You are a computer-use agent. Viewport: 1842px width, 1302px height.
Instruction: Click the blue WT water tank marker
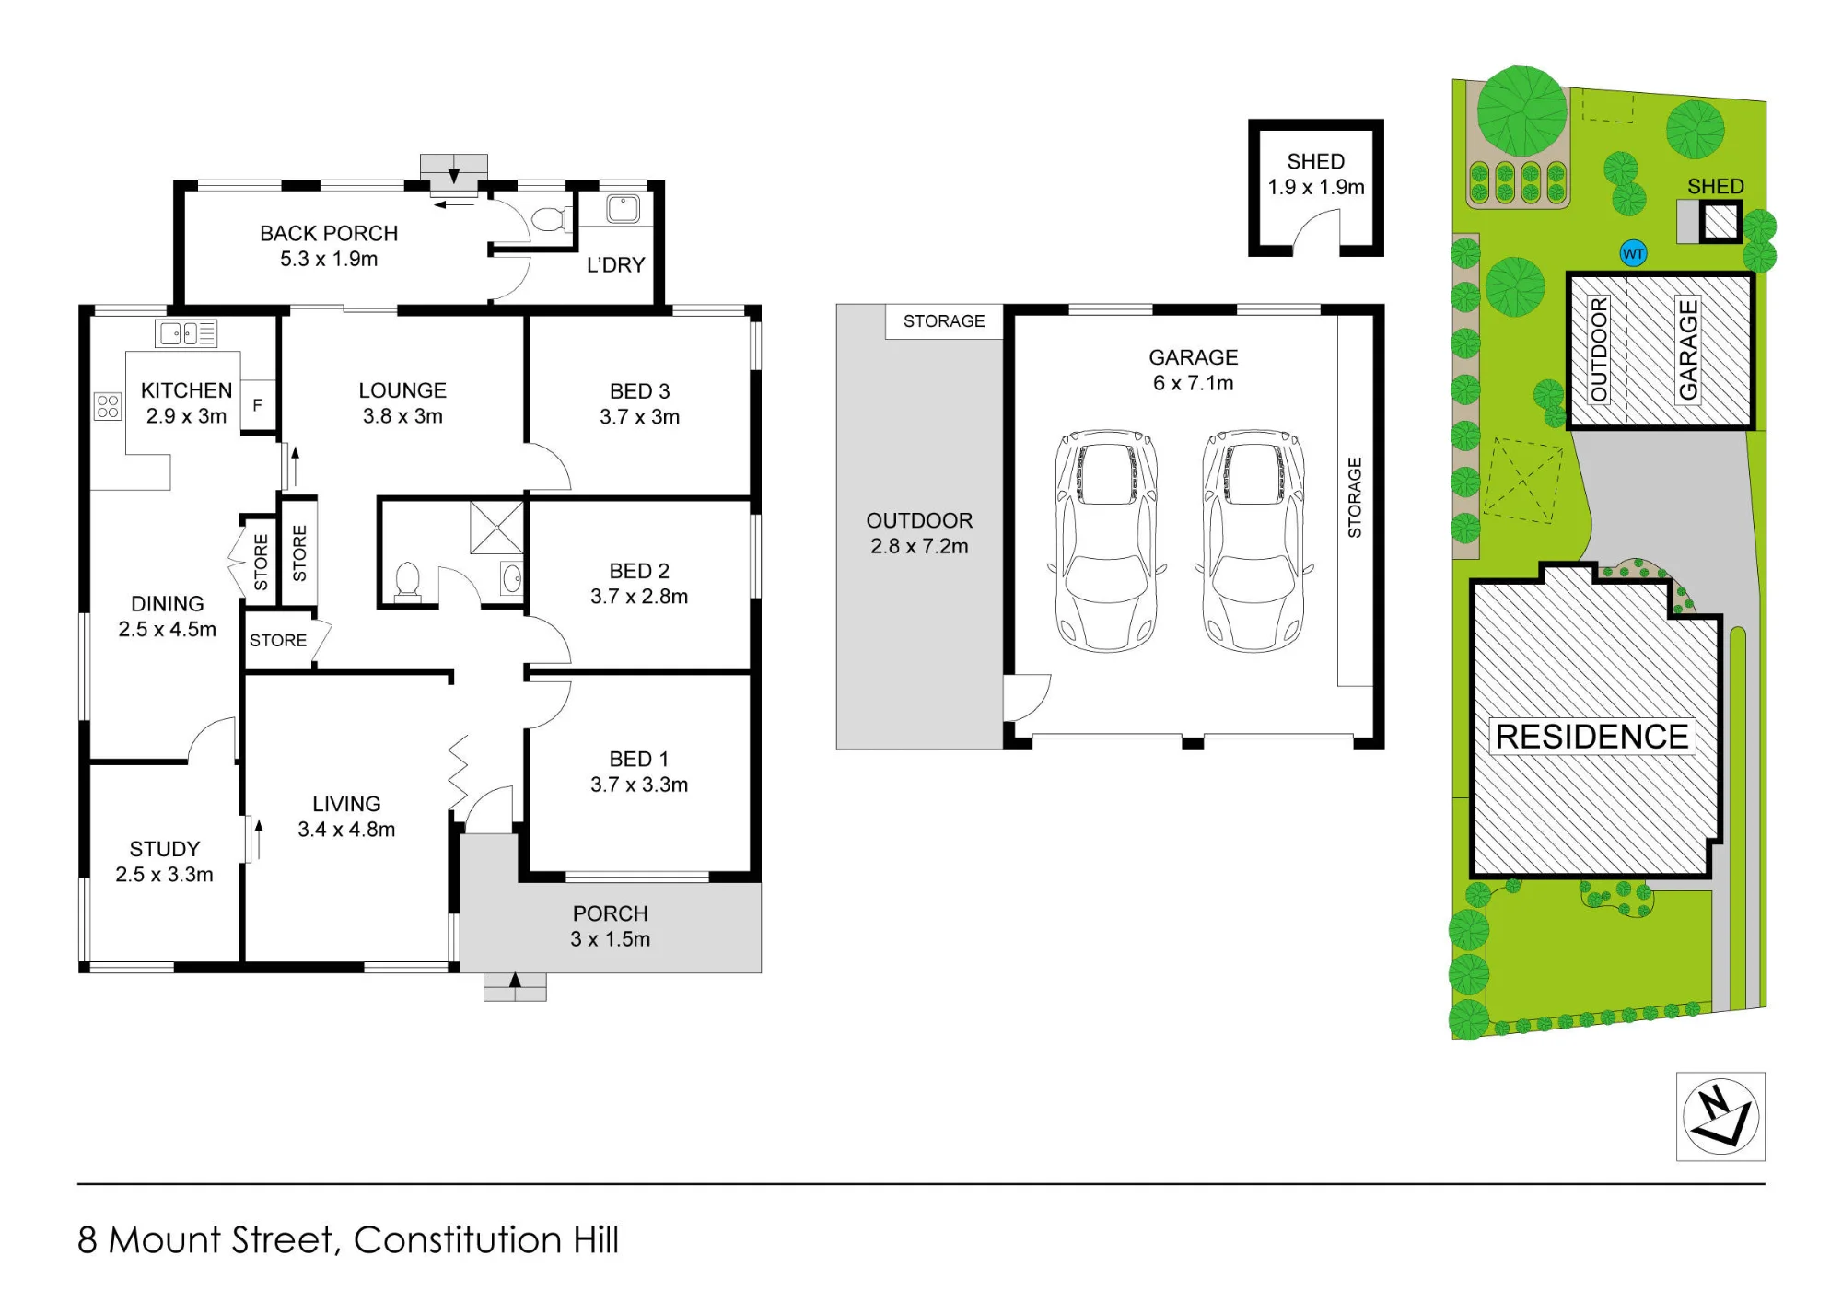[1633, 254]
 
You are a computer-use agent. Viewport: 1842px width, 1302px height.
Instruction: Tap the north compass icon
[1720, 1116]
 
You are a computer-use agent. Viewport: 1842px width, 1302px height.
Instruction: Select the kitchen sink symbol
[186, 332]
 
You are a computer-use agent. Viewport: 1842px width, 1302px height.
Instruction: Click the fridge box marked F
[258, 405]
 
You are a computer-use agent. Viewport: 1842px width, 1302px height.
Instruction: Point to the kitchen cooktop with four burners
[108, 406]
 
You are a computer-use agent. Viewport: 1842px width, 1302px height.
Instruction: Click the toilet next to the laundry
[548, 219]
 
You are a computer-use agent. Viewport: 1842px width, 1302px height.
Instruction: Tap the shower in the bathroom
[496, 528]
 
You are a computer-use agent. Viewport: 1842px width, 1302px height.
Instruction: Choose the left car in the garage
[1107, 541]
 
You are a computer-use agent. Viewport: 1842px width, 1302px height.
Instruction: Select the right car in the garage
[1253, 541]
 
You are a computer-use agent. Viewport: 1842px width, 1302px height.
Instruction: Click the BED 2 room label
[639, 571]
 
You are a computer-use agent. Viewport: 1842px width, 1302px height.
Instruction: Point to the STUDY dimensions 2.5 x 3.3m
[164, 875]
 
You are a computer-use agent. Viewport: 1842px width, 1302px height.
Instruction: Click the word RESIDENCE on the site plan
[1592, 737]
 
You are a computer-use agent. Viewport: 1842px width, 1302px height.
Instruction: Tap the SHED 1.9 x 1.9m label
[1316, 174]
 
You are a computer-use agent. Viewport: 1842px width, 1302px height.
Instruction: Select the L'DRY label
[616, 265]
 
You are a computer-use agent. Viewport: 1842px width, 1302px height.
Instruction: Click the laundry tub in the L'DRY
[624, 209]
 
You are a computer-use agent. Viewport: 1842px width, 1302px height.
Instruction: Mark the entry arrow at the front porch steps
[515, 982]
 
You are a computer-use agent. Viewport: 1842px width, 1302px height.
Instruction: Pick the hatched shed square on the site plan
[1720, 222]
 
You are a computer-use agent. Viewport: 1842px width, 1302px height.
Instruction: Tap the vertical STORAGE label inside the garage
[1355, 497]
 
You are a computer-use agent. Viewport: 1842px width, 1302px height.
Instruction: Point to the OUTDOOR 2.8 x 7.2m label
[919, 533]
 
